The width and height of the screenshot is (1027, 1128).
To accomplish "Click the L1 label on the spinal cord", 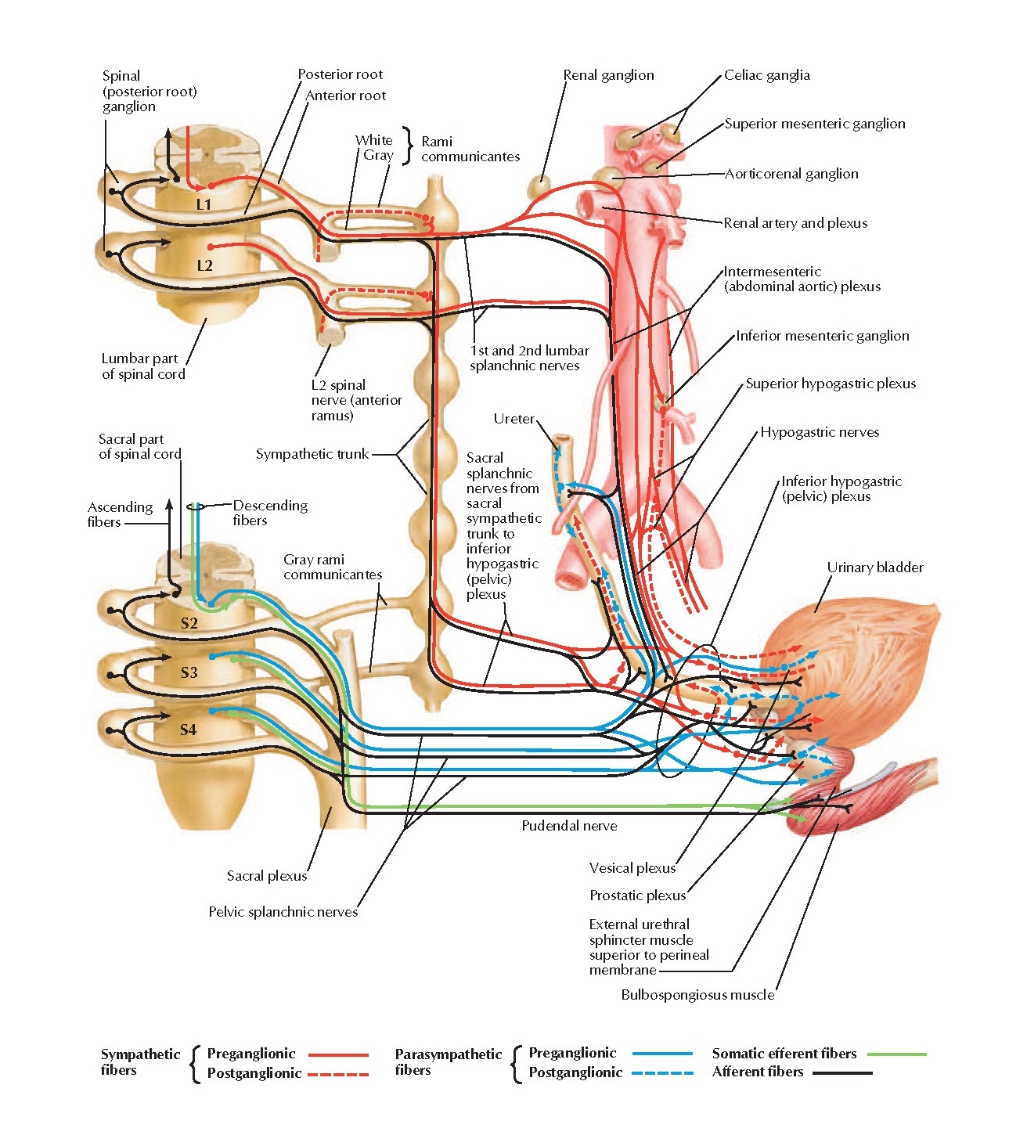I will (x=204, y=204).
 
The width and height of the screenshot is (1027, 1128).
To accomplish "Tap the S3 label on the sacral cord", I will (x=189, y=672).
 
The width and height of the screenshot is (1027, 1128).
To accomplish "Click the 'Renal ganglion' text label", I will (x=608, y=75).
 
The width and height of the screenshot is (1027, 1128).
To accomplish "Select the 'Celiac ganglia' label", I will (x=766, y=75).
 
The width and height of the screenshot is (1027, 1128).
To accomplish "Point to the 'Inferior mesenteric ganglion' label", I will (x=822, y=336).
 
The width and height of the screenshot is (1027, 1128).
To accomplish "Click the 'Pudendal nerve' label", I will (x=569, y=826).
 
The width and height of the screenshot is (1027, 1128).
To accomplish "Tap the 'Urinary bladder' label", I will (x=874, y=568).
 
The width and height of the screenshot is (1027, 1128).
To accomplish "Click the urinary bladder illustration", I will (x=861, y=658).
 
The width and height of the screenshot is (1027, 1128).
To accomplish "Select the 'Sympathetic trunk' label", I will (x=312, y=454).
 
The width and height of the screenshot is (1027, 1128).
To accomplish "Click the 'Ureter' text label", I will (x=513, y=419).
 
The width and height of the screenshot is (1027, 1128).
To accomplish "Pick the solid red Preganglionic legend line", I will (x=338, y=1054).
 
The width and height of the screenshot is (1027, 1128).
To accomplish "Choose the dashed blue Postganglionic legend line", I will (x=662, y=1073).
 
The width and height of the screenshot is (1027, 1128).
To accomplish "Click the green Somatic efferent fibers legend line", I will (x=897, y=1054).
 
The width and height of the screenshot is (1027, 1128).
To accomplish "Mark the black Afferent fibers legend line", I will (x=842, y=1073).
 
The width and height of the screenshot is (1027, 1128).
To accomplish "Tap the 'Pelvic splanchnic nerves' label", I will (x=283, y=912).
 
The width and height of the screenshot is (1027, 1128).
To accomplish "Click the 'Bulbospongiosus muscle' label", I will (x=697, y=995).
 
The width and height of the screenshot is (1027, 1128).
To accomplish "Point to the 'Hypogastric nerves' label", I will (x=820, y=432).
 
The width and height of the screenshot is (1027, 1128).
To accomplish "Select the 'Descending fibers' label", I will (x=270, y=513).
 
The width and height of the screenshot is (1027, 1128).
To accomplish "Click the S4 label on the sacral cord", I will (x=188, y=730).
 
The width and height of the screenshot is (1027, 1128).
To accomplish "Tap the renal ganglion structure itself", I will (x=539, y=188).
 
